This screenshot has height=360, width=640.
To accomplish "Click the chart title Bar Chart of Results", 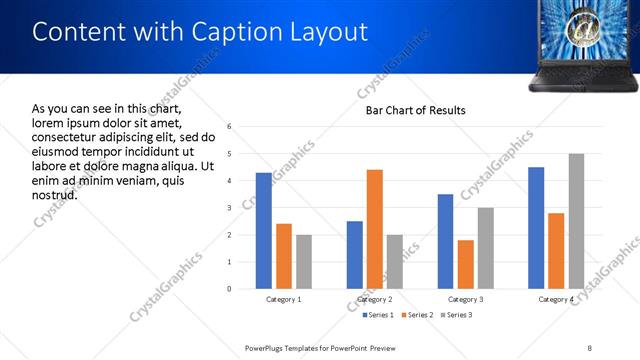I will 415,110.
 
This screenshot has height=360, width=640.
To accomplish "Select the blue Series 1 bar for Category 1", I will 263,231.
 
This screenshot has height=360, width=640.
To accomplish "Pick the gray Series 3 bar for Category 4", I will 576,221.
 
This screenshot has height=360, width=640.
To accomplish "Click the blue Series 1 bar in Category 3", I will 445,241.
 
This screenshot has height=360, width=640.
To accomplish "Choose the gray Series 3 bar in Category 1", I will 303,262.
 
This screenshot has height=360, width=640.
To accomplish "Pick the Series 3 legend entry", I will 456,316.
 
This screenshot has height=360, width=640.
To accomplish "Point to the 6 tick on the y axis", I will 229,127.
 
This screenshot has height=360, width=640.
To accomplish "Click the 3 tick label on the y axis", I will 229,208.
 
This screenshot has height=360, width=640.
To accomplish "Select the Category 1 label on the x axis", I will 283,299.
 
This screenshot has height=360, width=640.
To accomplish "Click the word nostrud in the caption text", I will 54,194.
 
